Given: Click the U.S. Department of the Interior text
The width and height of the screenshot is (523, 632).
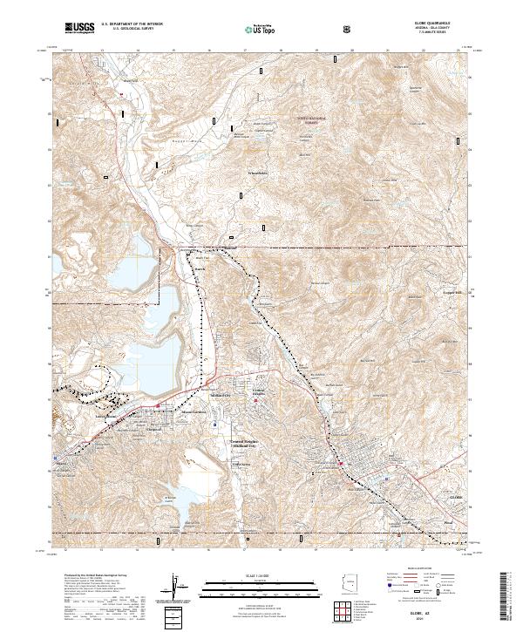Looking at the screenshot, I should [x=132, y=25].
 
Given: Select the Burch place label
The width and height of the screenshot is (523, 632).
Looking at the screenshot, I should [x=199, y=269].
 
